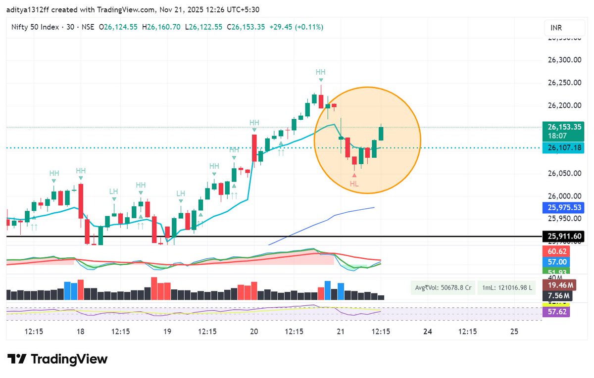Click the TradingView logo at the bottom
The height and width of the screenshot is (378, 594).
click(x=57, y=359)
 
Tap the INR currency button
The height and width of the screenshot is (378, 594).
click(x=556, y=28)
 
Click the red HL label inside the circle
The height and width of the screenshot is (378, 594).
click(x=354, y=184)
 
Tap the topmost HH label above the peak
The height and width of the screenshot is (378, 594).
click(x=321, y=72)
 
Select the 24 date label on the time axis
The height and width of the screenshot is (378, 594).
click(x=428, y=331)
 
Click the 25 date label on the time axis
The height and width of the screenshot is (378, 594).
click(x=514, y=331)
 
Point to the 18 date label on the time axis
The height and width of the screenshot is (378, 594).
click(x=81, y=331)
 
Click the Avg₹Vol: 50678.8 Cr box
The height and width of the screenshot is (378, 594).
click(x=442, y=288)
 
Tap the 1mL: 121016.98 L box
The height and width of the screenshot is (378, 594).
click(x=506, y=288)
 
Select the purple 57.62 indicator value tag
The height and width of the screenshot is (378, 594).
click(x=556, y=312)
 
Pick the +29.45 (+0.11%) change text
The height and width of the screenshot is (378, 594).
click(x=296, y=27)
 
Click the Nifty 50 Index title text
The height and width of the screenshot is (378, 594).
click(x=34, y=27)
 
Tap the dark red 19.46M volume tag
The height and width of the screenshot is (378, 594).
click(x=556, y=285)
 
